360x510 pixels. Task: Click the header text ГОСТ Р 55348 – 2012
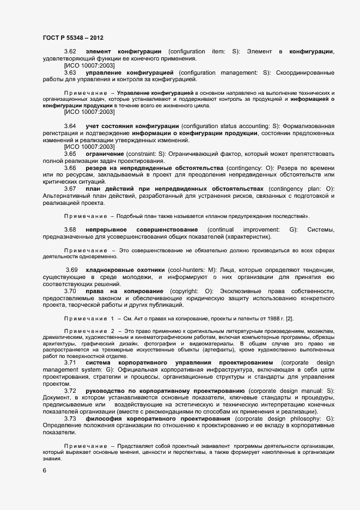tap(72, 38)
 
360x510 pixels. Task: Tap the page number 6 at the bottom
tap(45, 470)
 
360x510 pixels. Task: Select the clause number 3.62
tap(70, 51)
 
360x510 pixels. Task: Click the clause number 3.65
tap(70, 154)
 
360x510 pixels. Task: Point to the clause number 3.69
tap(72, 270)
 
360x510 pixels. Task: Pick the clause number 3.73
tap(70, 419)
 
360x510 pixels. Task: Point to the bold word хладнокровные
tap(109, 270)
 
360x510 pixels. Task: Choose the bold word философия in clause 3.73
tap(103, 419)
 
